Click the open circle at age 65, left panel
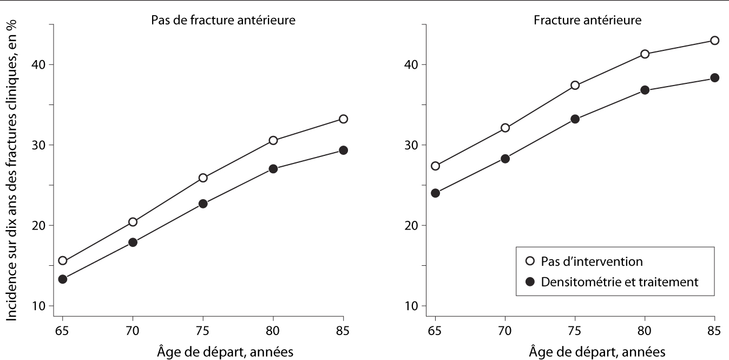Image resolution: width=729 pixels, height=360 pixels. click(63, 260)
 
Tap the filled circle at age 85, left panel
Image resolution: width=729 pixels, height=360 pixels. click(343, 150)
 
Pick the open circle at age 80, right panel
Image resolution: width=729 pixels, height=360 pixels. click(645, 54)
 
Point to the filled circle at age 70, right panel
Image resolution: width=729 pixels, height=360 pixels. click(505, 159)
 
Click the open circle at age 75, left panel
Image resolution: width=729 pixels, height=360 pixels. click(203, 178)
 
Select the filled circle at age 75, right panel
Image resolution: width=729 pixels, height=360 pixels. click(575, 119)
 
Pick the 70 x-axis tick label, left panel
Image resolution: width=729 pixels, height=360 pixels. click(133, 330)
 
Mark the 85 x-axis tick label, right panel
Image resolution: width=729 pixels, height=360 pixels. click(714, 330)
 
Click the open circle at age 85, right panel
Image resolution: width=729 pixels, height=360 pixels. click(714, 40)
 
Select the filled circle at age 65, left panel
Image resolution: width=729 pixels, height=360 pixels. click(63, 279)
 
